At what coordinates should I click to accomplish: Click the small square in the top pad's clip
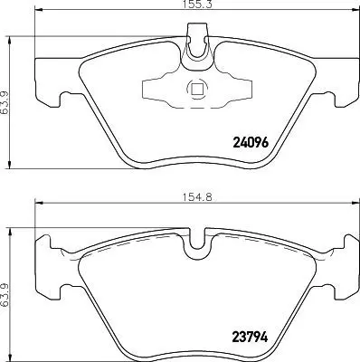coord(196,89)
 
